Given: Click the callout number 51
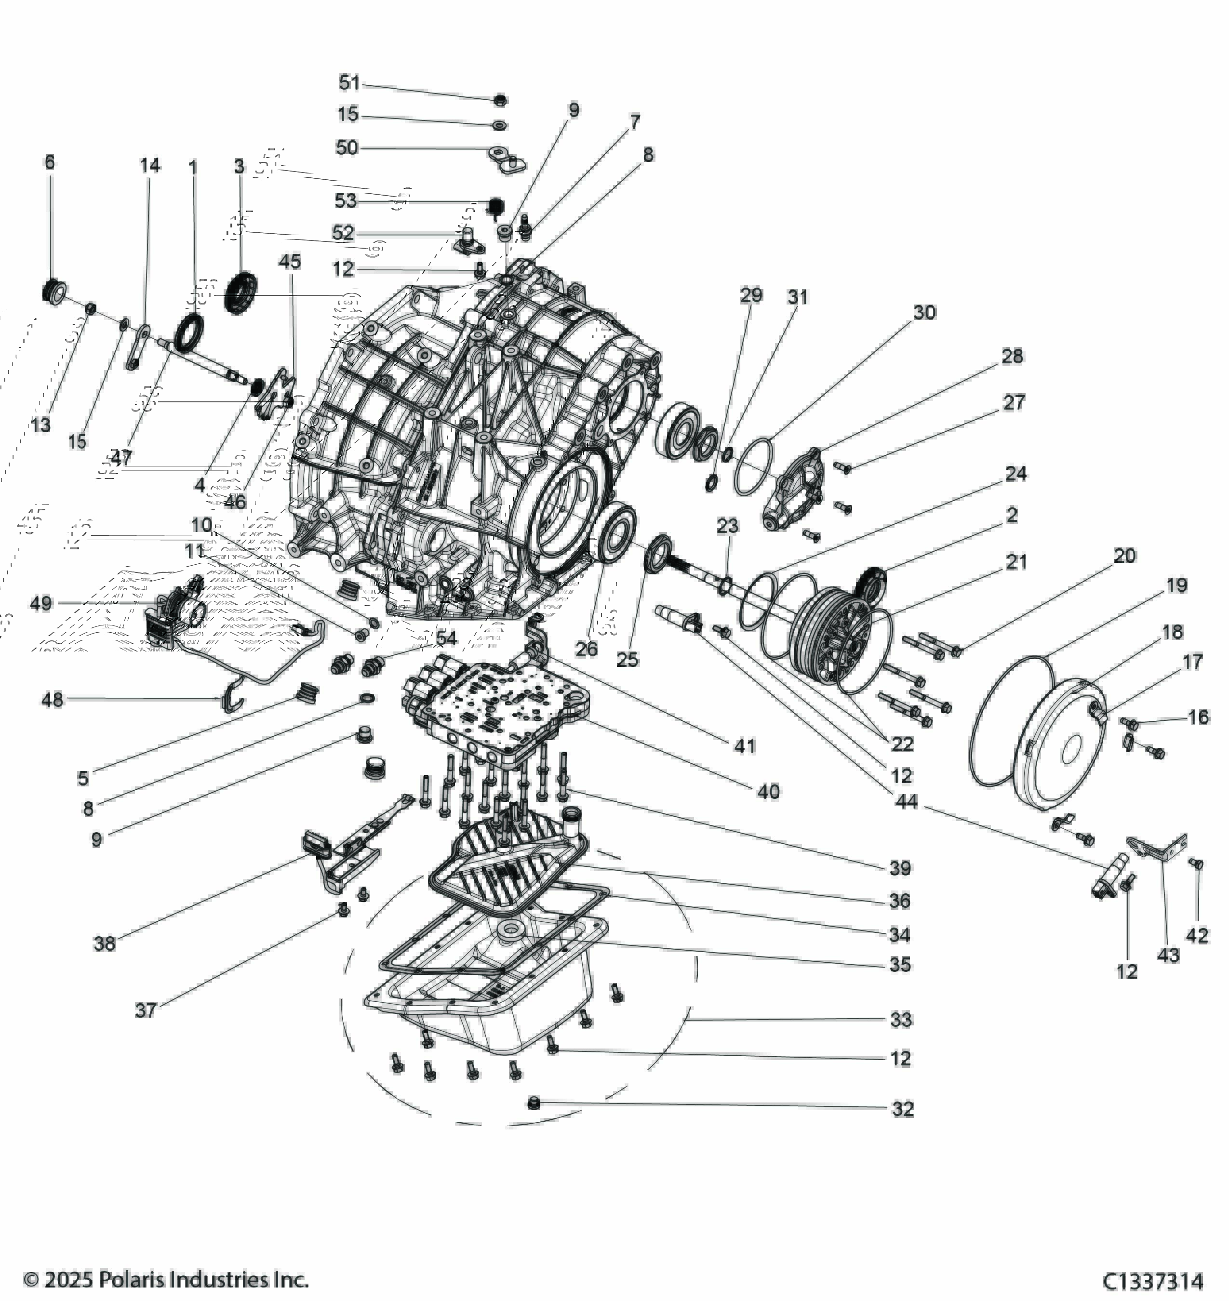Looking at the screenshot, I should click(x=349, y=83).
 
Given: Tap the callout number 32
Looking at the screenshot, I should click(x=902, y=1109).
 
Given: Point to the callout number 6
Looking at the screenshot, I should click(x=50, y=162).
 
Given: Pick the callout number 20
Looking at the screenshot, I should click(x=1124, y=556).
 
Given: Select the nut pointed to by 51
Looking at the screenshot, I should click(x=499, y=100).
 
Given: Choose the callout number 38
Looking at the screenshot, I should click(x=104, y=943).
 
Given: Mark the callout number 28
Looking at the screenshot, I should click(x=1012, y=357).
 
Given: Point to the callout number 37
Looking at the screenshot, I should click(x=146, y=1010).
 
